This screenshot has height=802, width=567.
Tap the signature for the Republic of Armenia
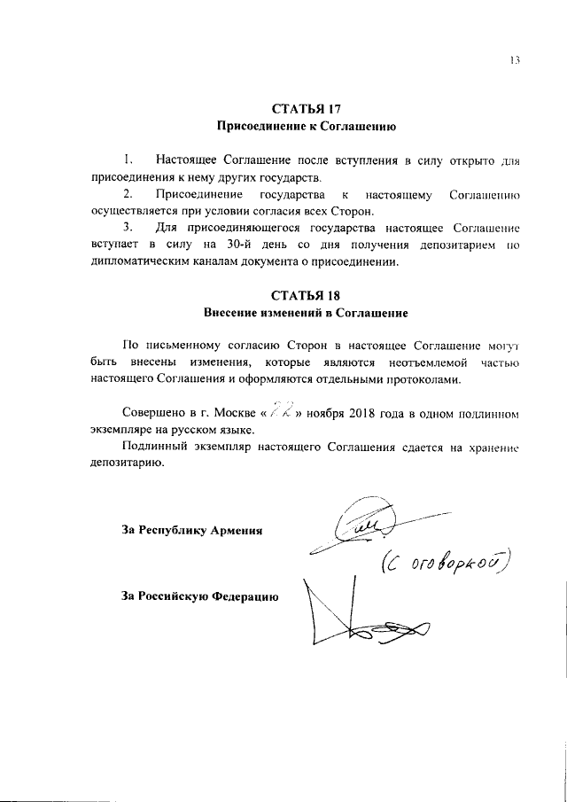point(363,530)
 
